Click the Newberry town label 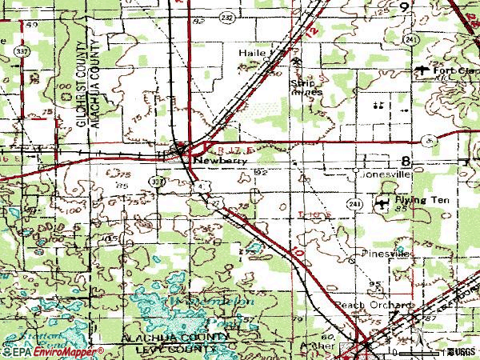[210, 158]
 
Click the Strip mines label [306, 86]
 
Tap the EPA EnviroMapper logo [53, 351]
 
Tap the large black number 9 [405, 6]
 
